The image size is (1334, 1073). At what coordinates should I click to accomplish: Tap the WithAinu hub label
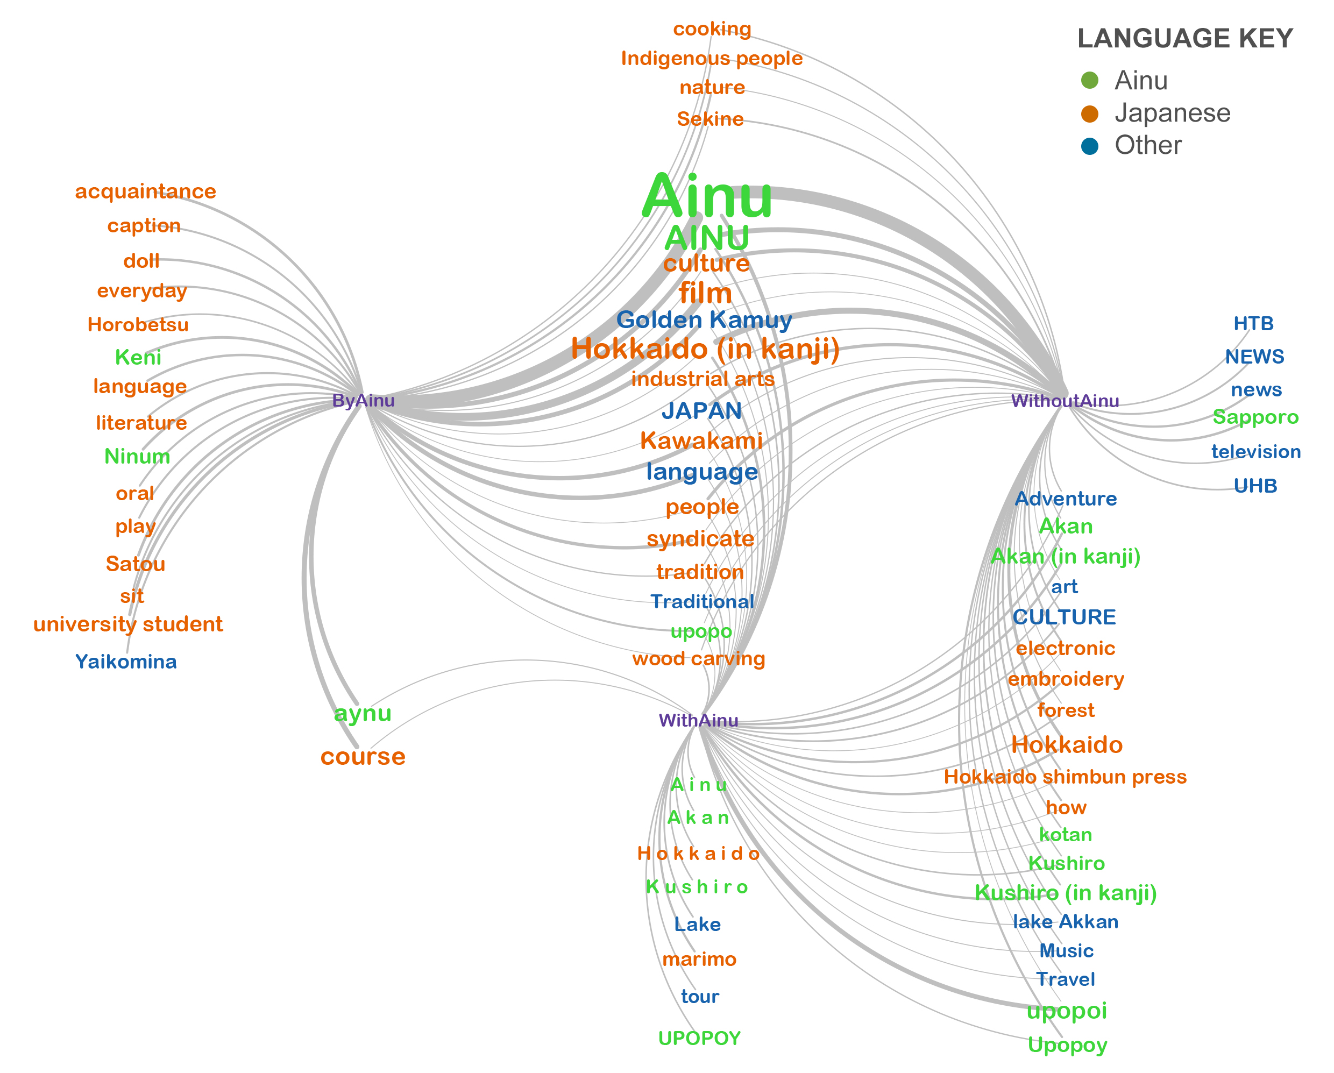pos(698,720)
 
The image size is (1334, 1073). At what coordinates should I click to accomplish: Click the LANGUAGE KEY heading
pos(1184,38)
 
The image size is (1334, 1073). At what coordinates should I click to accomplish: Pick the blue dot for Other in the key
pos(1089,146)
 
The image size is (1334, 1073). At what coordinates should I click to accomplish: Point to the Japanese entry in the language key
pos(1172,113)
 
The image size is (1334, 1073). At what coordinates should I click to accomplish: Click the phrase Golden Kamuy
pos(704,320)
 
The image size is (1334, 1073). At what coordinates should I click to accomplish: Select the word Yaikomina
pos(126,662)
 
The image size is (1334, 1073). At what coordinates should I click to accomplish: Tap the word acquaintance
pos(145,191)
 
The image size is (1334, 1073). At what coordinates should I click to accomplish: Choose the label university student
pos(128,624)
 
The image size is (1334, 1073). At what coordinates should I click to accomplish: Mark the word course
pos(363,756)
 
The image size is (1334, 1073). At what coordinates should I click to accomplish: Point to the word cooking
pos(712,29)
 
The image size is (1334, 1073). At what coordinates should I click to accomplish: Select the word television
pos(1255,452)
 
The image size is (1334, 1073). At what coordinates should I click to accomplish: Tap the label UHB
pos(1255,486)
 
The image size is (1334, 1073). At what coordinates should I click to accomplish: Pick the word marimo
pos(699,959)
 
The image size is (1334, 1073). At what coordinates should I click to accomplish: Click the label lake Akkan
pos(1065,921)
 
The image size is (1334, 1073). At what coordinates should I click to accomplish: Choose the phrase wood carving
pos(698,658)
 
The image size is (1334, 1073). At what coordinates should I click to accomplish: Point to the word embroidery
pos(1066,679)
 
